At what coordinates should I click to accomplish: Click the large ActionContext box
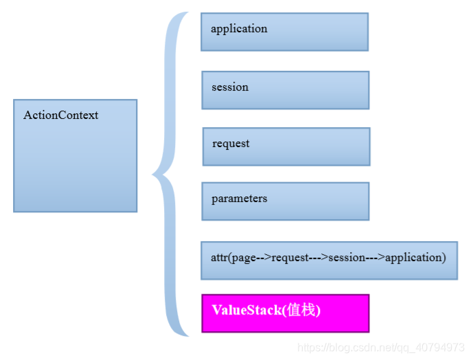[x=75, y=156]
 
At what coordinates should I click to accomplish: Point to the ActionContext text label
[x=60, y=115]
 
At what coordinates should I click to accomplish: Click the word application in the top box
[x=239, y=29]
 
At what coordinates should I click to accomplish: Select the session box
[x=285, y=90]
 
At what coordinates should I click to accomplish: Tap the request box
[x=286, y=146]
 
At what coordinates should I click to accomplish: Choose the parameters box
[x=285, y=201]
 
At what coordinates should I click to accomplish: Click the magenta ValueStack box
[x=285, y=313]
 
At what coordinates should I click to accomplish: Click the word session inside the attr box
[x=347, y=258]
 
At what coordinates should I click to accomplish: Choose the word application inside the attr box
[x=413, y=258]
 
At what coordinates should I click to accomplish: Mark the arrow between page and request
[x=264, y=258]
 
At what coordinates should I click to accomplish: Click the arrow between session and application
[x=375, y=258]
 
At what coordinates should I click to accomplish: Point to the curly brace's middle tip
[x=154, y=176]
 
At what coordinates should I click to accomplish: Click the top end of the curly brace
[x=186, y=14]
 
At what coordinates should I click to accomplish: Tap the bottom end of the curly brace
[x=186, y=335]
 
